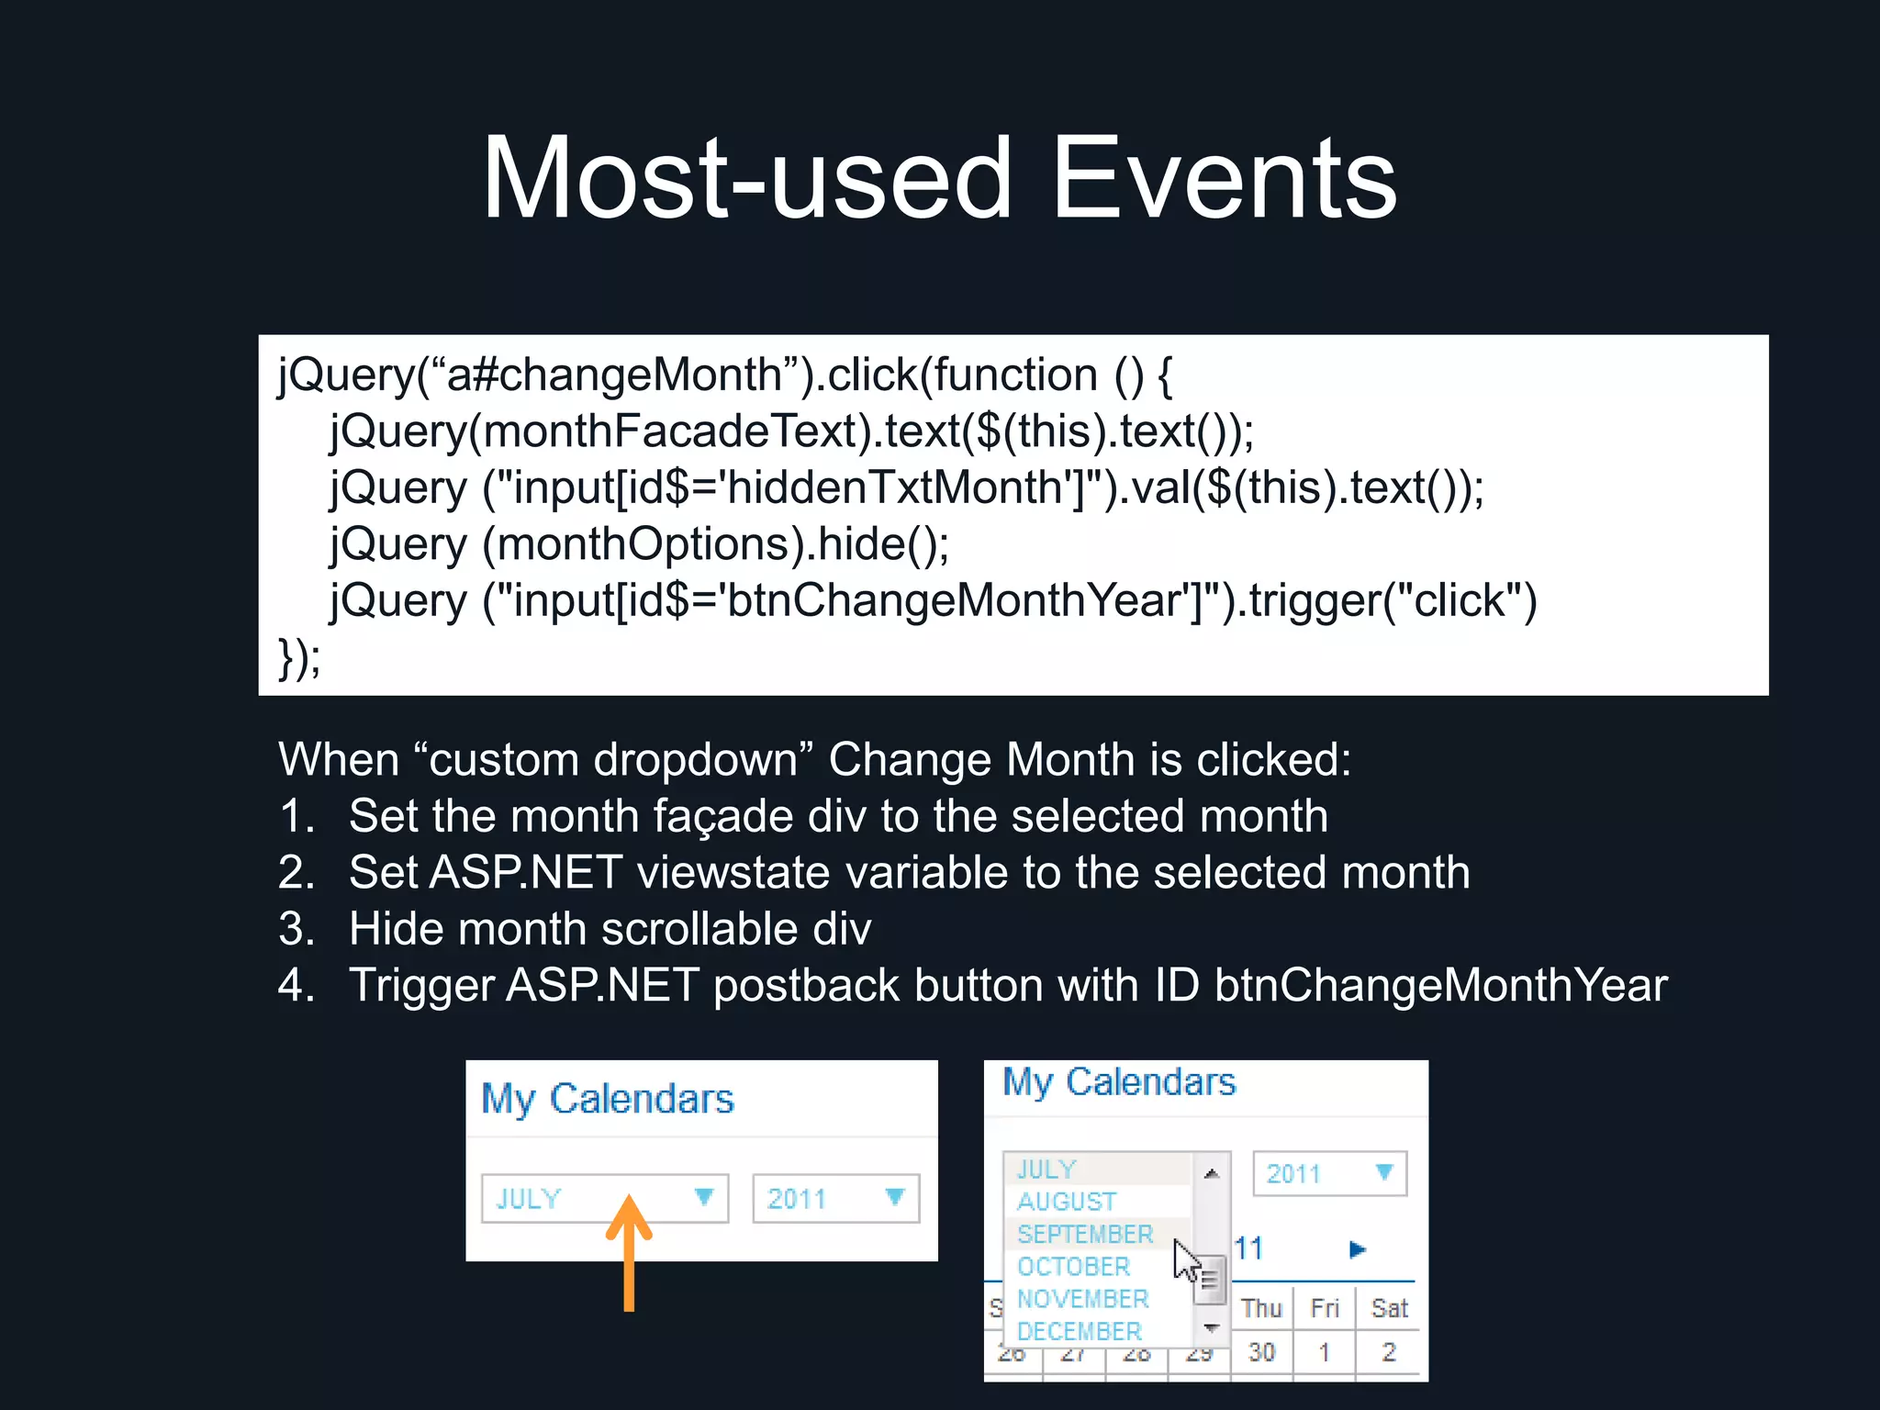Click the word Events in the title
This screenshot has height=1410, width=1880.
[x=1223, y=178]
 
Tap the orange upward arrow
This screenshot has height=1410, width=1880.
[x=629, y=1252]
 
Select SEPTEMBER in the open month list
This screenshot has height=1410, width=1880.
[x=1084, y=1235]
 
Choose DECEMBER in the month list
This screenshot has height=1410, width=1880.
[x=1079, y=1331]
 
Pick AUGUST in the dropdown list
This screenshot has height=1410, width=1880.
[x=1066, y=1202]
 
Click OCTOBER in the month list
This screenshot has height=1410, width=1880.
[x=1073, y=1267]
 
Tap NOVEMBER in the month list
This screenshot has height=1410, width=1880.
[x=1082, y=1299]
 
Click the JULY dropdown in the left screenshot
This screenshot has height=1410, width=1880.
[x=604, y=1198]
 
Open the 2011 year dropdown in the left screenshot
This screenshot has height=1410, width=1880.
[x=835, y=1198]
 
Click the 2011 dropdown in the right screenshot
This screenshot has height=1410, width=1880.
[x=1328, y=1173]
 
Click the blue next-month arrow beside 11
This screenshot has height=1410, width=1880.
[x=1357, y=1249]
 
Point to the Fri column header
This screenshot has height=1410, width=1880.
[x=1325, y=1308]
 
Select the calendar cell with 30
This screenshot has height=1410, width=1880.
[x=1261, y=1352]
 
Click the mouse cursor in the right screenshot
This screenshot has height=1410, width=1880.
[x=1185, y=1261]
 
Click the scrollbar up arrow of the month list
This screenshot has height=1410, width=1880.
[x=1212, y=1173]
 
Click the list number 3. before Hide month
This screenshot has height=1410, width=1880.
[x=297, y=929]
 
